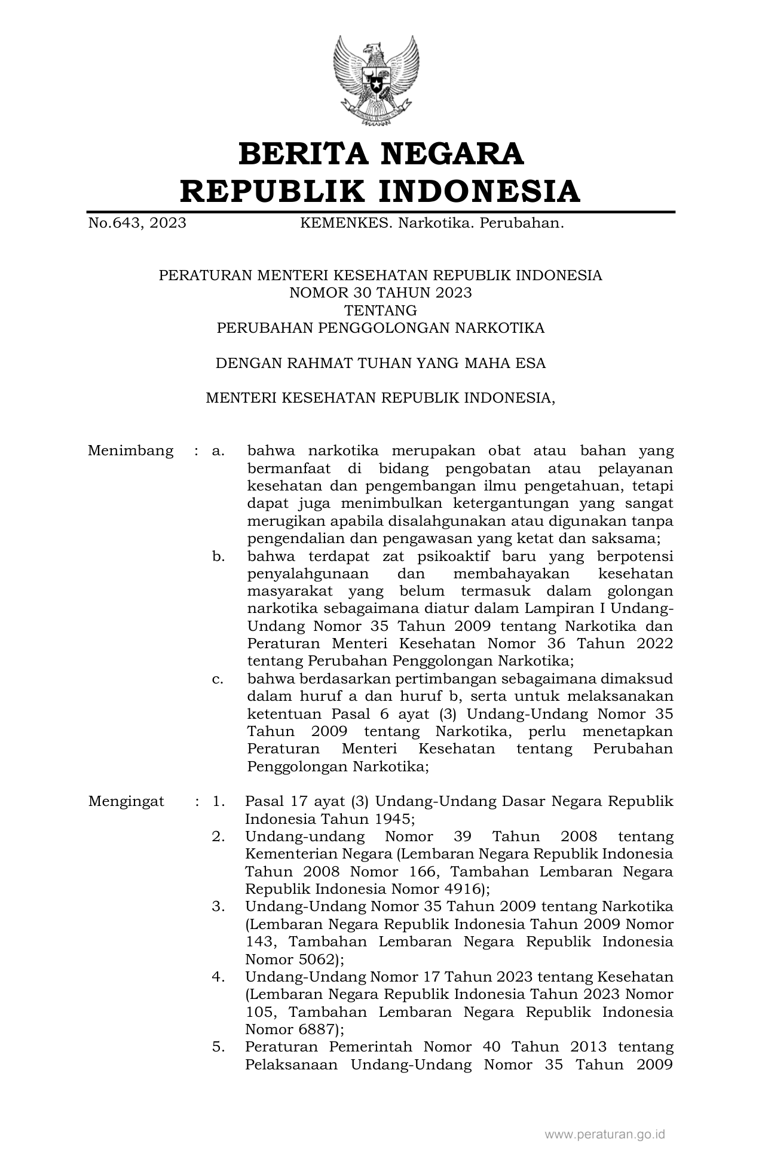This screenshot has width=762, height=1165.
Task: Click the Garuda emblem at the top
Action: click(x=376, y=80)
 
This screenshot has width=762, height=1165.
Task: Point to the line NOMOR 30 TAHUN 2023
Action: click(x=380, y=293)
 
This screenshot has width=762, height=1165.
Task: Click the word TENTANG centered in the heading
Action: click(x=380, y=311)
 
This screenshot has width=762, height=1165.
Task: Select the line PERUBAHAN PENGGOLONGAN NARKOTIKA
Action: click(x=380, y=328)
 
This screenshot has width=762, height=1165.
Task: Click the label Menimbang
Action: click(x=130, y=450)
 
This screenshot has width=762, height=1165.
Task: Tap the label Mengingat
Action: click(x=126, y=801)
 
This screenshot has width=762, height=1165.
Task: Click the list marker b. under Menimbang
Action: click(x=218, y=556)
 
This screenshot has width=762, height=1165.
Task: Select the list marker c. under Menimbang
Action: click(x=218, y=679)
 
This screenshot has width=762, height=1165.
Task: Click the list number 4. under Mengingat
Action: click(x=218, y=977)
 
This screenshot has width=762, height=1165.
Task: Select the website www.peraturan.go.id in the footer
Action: click(x=604, y=1135)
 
